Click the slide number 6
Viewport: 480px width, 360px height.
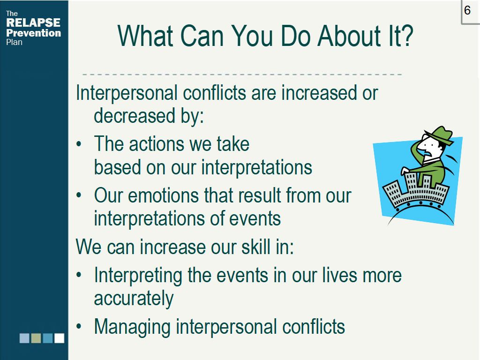467,10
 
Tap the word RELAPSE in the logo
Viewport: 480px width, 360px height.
33,22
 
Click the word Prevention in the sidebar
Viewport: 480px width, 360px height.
33,33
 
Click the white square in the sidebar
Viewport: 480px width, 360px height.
60,338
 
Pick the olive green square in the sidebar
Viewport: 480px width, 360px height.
36,338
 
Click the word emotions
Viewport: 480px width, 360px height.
163,195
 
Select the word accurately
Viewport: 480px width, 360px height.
134,299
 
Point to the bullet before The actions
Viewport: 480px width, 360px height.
79,144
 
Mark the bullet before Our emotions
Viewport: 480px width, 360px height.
79,195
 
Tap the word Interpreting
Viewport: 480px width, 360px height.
138,276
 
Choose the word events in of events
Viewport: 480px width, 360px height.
255,218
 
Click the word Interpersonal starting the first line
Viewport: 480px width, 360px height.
127,93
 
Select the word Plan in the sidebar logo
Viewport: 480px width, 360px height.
14,42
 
